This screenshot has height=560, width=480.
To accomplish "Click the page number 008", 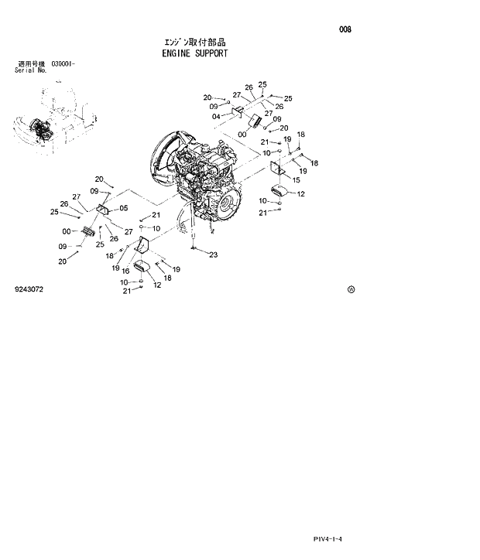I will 345,29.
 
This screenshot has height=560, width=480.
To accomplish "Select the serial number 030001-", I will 63,63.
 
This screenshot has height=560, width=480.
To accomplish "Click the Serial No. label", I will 31,70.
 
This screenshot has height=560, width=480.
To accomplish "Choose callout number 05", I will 124,208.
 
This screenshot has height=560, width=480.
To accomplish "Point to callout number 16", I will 125,271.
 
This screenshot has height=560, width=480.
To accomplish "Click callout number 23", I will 214,254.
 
